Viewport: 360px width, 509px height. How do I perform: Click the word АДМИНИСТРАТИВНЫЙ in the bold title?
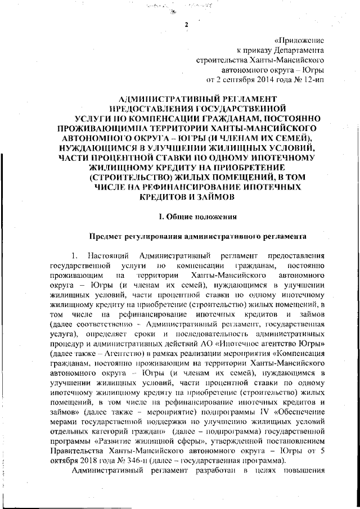[157, 99]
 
